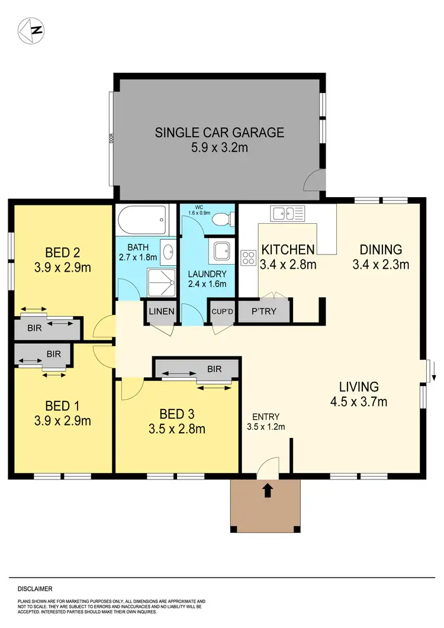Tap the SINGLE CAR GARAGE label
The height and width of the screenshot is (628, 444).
click(x=220, y=133)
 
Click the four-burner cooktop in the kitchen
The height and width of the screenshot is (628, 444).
click(x=247, y=259)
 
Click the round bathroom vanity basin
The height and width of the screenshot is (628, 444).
click(x=167, y=250)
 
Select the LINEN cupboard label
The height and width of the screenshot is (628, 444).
click(x=162, y=311)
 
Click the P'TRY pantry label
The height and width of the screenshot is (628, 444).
click(x=263, y=311)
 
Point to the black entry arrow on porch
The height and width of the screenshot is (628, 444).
click(x=267, y=489)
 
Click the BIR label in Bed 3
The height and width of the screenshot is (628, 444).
click(x=214, y=369)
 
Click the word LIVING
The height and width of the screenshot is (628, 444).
click(x=359, y=387)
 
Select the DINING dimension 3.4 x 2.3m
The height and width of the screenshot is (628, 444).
click(x=381, y=265)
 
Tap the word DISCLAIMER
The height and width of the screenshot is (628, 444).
click(x=34, y=589)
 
